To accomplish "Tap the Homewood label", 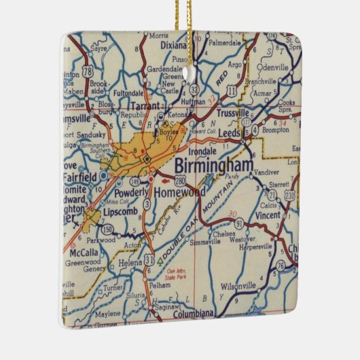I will (179, 192).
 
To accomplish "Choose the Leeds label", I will (229, 134).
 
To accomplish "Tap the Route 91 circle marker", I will (248, 239).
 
